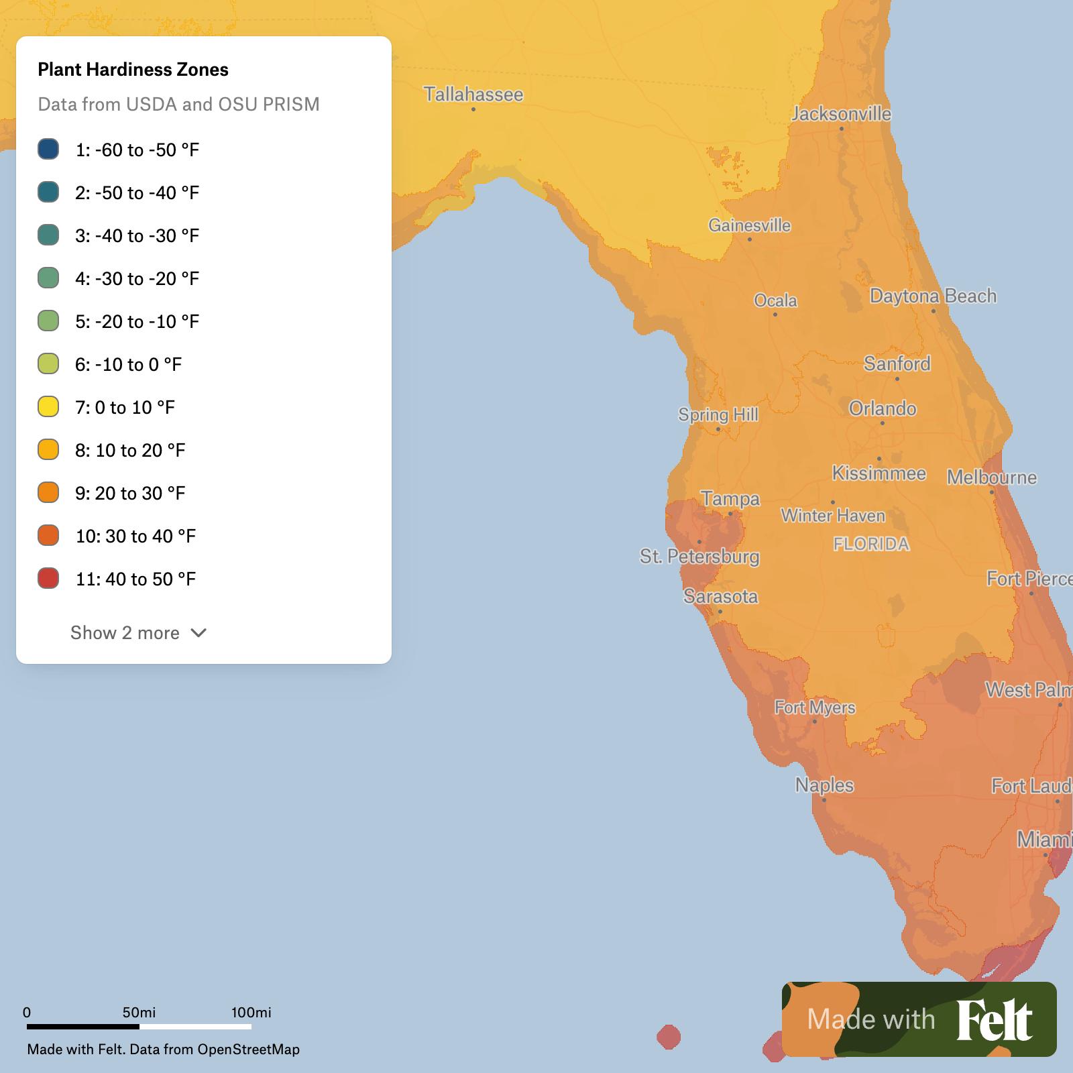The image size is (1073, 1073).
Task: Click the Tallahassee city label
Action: pos(473,94)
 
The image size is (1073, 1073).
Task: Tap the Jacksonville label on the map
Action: pos(841,113)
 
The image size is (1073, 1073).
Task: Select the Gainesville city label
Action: pos(749,225)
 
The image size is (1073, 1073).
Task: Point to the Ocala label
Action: pos(775,300)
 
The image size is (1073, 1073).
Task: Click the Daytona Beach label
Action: pos(933,296)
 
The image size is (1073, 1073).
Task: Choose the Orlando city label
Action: pos(882,408)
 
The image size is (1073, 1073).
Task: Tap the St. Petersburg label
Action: pos(699,556)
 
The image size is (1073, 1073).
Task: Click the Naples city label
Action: pos(824,785)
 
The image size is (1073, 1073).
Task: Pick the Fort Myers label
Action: pos(815,707)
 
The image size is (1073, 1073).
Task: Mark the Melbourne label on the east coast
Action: pos(991,477)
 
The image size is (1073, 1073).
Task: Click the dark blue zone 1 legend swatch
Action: pos(48,149)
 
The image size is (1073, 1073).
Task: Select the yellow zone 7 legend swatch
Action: pos(48,406)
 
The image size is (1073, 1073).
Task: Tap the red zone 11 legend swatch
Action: pos(48,578)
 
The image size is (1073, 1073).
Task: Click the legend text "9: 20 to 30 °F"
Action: pos(130,493)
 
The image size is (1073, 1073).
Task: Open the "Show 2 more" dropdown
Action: pos(138,632)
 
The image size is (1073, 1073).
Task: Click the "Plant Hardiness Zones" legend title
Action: pos(133,70)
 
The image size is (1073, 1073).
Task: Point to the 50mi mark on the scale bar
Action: pos(139,1013)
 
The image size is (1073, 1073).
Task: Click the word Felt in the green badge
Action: pos(995,1020)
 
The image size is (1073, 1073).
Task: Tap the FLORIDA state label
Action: pos(871,544)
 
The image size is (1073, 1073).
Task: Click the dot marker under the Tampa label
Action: pos(730,514)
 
